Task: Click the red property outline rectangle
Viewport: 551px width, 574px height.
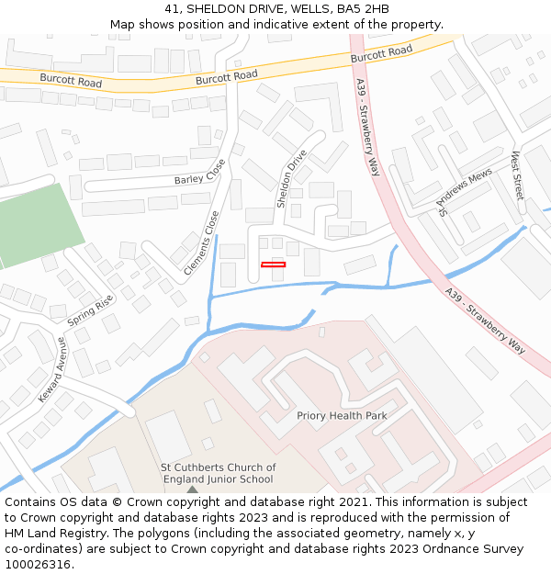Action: pyautogui.click(x=273, y=264)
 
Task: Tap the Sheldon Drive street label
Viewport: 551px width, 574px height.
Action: pyautogui.click(x=292, y=178)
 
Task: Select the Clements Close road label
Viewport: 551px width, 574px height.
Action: pyautogui.click(x=202, y=243)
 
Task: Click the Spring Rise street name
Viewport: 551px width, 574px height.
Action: pyautogui.click(x=90, y=311)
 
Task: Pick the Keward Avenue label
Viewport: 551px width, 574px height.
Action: pyautogui.click(x=51, y=369)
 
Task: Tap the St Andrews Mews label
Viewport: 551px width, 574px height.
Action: pyautogui.click(x=465, y=191)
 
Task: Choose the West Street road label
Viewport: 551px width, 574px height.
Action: pyautogui.click(x=517, y=175)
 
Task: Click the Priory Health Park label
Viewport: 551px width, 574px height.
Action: pyautogui.click(x=342, y=416)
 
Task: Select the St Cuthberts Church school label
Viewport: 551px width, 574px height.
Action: pyautogui.click(x=218, y=473)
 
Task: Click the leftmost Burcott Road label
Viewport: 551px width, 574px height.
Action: pyautogui.click(x=71, y=80)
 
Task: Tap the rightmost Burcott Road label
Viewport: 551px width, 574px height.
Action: pyautogui.click(x=381, y=55)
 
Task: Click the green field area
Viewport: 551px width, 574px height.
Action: pyautogui.click(x=37, y=224)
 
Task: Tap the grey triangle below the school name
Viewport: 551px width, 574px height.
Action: pyautogui.click(x=192, y=490)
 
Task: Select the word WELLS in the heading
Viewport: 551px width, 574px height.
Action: pyautogui.click(x=291, y=9)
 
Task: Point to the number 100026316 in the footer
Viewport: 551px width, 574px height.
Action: pyautogui.click(x=38, y=565)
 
